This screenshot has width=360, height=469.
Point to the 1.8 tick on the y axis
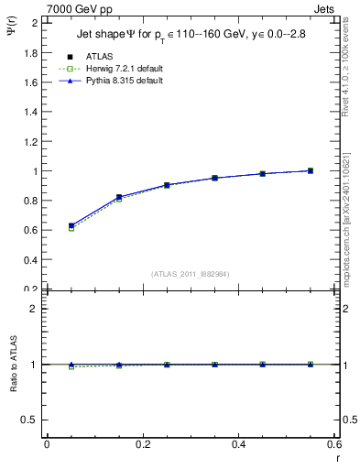[x=32, y=53]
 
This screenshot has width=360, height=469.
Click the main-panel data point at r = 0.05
[x=71, y=225]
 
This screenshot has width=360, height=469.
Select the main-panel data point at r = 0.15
[x=119, y=197]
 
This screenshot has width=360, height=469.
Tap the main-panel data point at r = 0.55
[x=311, y=170]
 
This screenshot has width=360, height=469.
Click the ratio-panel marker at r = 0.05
[x=71, y=365]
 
